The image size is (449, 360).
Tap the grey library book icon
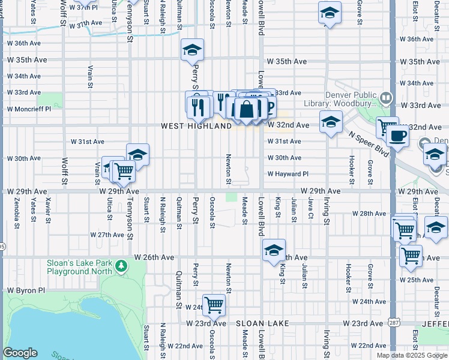[386, 96]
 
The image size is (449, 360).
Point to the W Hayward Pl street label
[288, 174]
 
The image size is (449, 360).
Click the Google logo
[20, 353]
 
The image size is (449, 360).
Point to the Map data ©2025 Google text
[411, 355]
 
